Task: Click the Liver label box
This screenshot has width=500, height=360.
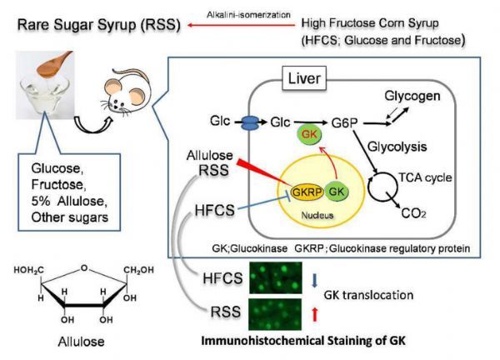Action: [304, 78]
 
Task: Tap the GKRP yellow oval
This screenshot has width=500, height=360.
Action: [307, 192]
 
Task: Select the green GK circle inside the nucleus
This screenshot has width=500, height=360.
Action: [337, 192]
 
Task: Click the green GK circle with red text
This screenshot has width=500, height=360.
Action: [309, 134]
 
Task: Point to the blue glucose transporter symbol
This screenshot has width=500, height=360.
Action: [251, 122]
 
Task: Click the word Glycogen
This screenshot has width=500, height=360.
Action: [412, 96]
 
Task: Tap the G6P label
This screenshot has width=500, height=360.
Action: [345, 123]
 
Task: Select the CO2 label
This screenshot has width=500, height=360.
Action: [414, 213]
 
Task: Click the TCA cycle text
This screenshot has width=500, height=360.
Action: [425, 177]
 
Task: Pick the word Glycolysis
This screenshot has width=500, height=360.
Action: [397, 147]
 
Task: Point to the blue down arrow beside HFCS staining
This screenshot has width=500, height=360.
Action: [315, 281]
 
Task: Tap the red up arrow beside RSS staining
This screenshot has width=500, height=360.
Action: [315, 314]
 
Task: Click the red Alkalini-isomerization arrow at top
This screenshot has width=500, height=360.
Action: [241, 25]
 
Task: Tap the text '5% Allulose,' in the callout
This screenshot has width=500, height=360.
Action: [69, 201]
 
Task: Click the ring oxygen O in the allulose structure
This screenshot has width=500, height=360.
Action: [84, 267]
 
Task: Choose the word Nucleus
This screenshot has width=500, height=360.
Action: [317, 216]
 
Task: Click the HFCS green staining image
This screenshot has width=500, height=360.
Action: [276, 277]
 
